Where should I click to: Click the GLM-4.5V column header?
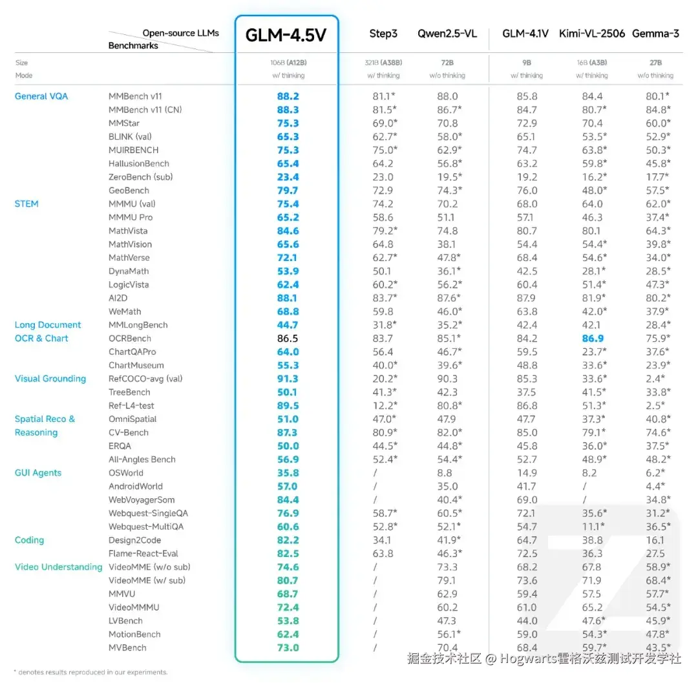(286, 35)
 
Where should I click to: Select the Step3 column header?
(383, 34)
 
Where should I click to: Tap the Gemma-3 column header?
(655, 34)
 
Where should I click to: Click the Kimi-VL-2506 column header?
(592, 34)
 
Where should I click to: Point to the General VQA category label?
(41, 96)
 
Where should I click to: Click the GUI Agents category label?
(38, 473)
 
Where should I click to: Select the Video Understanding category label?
(59, 567)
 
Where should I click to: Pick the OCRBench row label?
(130, 339)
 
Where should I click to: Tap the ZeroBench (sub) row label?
(140, 177)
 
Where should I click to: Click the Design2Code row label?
(134, 540)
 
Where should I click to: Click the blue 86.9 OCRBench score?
(592, 339)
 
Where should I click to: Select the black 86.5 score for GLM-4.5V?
(288, 339)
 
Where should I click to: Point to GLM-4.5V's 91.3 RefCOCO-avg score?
(288, 379)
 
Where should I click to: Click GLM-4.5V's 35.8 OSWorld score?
(288, 473)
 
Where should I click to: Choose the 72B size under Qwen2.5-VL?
(447, 63)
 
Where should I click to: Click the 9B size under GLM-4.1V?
(527, 63)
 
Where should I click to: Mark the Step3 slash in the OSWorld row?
(375, 473)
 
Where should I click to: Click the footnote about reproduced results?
(90, 673)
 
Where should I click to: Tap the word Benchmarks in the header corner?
(133, 46)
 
